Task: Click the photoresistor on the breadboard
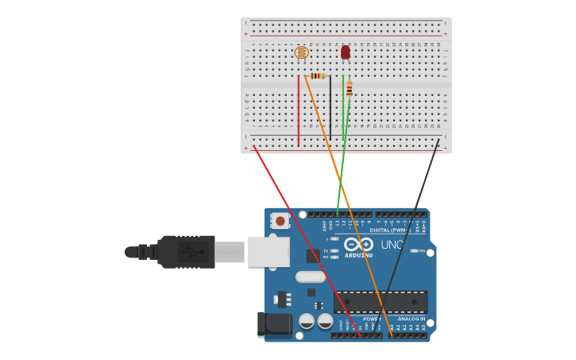(301, 52)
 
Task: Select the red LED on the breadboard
(345, 52)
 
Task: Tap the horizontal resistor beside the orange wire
(317, 75)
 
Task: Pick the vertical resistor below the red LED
(349, 88)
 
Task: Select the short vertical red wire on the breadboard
(299, 111)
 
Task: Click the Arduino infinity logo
(358, 245)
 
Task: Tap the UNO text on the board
(392, 245)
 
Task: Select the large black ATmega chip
(380, 301)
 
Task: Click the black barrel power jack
(273, 324)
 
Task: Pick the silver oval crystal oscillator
(310, 277)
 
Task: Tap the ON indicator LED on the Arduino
(413, 250)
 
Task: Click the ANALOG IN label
(411, 319)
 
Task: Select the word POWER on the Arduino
(371, 319)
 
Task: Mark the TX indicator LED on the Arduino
(334, 250)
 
